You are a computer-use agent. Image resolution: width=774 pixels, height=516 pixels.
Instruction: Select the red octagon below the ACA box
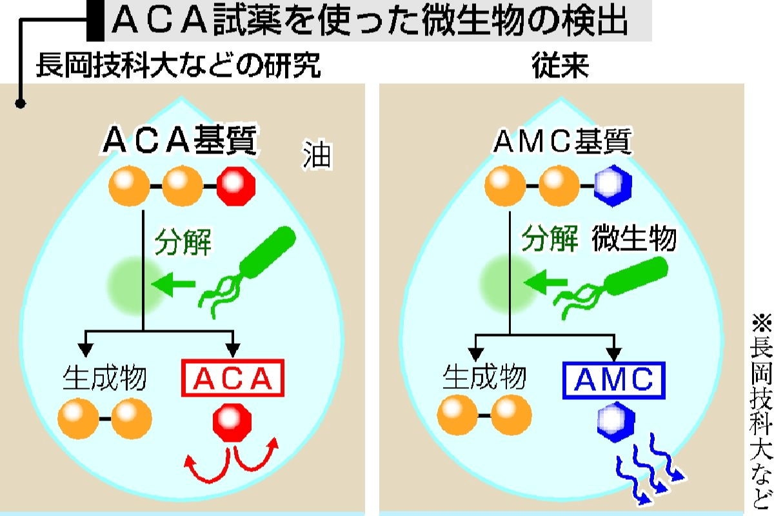[232, 422]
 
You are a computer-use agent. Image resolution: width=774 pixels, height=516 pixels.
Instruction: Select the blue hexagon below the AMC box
[611, 422]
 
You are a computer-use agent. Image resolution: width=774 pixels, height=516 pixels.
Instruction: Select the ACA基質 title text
[180, 142]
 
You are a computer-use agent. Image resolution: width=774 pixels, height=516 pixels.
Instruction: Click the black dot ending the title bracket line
[21, 103]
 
